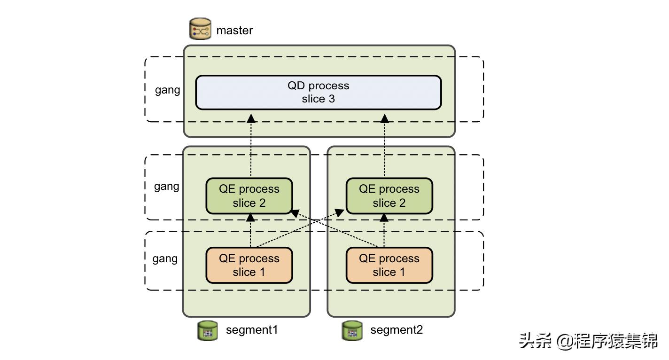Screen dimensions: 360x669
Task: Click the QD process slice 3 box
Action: pos(318,93)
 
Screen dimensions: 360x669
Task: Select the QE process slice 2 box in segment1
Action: pos(249,196)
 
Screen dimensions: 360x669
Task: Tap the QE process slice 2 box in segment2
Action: pos(389,196)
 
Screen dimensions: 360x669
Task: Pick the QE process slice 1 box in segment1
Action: pos(249,266)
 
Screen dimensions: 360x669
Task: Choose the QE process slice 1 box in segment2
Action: pos(389,266)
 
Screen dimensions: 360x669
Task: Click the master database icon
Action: pos(200,30)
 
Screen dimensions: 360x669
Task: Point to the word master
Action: pos(234,31)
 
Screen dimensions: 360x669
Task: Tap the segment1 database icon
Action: pos(207,330)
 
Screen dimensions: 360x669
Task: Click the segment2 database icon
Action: pos(352,330)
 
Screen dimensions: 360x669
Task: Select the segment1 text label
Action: pos(252,330)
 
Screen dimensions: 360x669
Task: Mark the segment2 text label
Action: pos(397,330)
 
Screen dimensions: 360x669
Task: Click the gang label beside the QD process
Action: pos(168,90)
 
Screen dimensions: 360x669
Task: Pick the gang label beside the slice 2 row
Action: pos(167,186)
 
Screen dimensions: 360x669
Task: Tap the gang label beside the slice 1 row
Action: pos(165,258)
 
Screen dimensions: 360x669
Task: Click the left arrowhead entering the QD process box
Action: pos(251,117)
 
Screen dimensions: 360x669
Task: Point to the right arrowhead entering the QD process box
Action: pos(385,117)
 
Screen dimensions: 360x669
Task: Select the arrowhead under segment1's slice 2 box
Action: pos(250,218)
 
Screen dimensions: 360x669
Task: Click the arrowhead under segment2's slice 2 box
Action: pos(385,218)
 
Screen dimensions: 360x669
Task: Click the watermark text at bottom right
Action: pos(588,341)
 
